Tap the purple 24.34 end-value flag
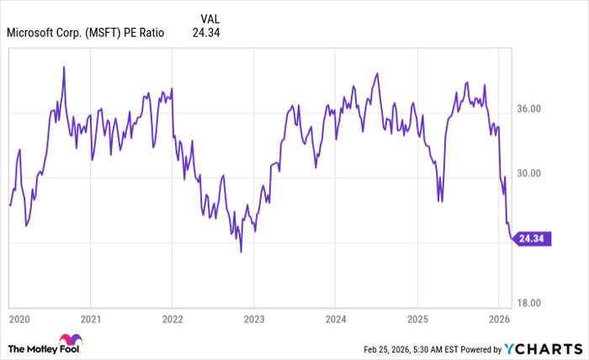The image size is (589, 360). pyautogui.click(x=533, y=239)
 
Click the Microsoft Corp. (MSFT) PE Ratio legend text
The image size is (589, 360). pyautogui.click(x=86, y=33)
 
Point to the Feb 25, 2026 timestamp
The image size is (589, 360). pyautogui.click(x=394, y=349)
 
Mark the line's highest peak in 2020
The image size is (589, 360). pyautogui.click(x=64, y=66)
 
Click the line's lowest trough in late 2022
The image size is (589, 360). pyautogui.click(x=241, y=251)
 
